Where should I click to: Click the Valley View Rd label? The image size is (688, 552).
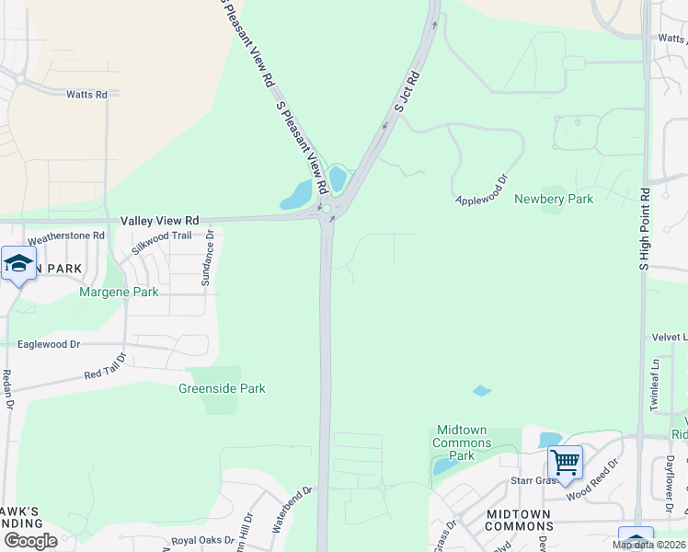pos(159,221)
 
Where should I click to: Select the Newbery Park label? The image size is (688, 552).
pos(553,199)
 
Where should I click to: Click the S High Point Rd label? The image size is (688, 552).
pos(645,229)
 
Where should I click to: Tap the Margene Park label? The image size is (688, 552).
pos(120,292)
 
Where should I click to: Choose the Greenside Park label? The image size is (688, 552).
pos(222,388)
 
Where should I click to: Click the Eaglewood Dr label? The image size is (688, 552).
pos(50,344)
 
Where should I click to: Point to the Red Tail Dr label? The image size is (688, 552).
pos(104,369)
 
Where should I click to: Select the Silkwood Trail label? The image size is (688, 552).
pos(162,241)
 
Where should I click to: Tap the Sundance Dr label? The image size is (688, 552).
pos(208,258)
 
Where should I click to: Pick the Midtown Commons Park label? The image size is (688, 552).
pos(462,443)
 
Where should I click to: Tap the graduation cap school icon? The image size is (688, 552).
pos(18,264)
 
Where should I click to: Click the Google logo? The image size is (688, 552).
pos(30,540)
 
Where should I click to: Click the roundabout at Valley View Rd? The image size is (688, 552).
pos(327,210)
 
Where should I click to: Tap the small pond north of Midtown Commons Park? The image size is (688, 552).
pos(482,391)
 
